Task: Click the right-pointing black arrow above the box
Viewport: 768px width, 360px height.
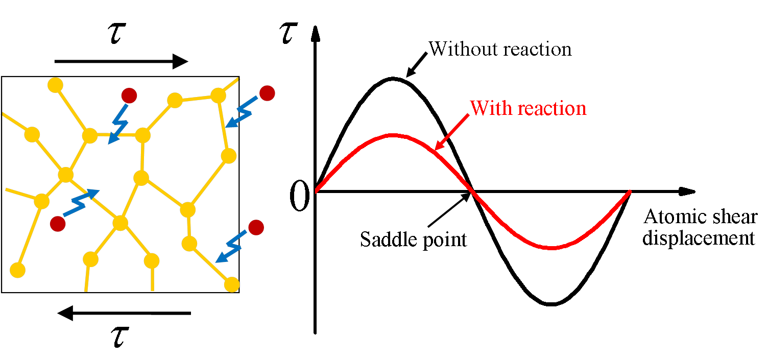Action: (x=122, y=62)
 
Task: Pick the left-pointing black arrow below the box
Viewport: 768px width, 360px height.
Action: (x=124, y=313)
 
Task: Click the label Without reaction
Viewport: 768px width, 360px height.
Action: (x=500, y=49)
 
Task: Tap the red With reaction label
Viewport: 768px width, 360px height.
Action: (x=528, y=108)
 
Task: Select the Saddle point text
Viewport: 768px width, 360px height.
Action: (x=414, y=239)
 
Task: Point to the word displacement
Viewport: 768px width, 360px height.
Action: (x=699, y=238)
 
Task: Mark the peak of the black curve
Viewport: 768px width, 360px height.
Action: (x=392, y=78)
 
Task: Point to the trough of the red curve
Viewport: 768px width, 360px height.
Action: (x=551, y=248)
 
